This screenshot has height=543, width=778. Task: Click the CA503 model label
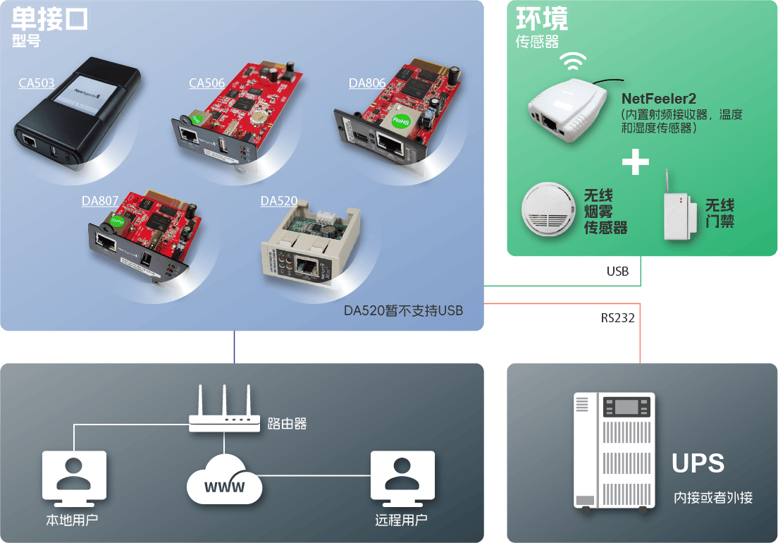click(37, 83)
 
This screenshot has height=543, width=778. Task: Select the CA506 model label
click(207, 83)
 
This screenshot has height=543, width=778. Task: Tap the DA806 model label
click(367, 83)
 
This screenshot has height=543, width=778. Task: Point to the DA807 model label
click(100, 200)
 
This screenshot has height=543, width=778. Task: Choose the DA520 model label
click(279, 200)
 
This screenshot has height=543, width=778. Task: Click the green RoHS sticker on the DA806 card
click(401, 121)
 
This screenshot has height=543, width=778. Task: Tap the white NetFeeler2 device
click(567, 110)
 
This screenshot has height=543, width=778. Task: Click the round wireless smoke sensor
click(548, 209)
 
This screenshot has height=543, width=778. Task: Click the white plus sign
click(636, 161)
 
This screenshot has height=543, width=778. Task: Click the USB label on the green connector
click(618, 271)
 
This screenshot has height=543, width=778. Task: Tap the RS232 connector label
click(618, 317)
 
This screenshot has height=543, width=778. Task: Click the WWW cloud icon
click(224, 480)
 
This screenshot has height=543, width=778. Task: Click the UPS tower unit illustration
click(615, 451)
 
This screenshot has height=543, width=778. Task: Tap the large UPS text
click(698, 463)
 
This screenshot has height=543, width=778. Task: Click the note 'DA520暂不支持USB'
click(403, 311)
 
